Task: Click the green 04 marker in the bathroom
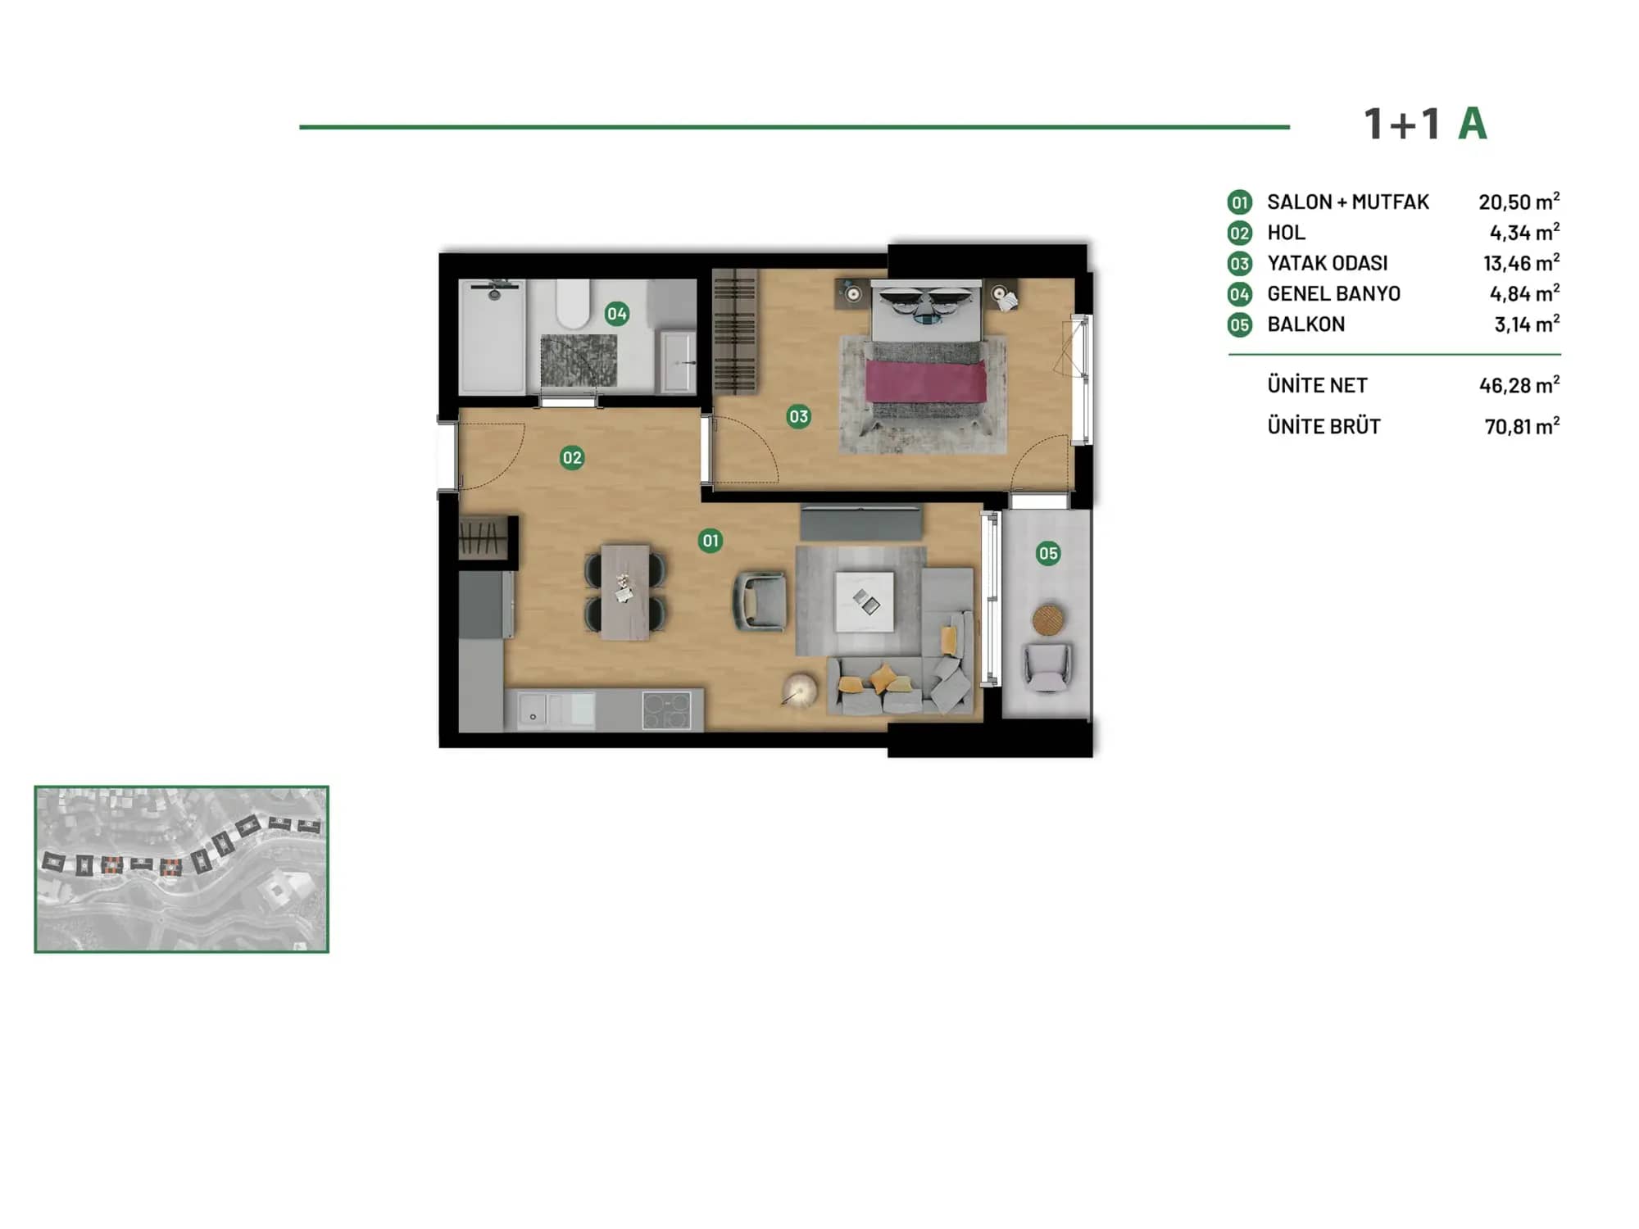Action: click(x=617, y=314)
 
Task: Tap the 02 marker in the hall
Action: click(x=572, y=457)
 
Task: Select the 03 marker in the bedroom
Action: click(x=798, y=416)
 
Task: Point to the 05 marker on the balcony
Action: click(x=1048, y=553)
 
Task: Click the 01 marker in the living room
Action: click(x=711, y=541)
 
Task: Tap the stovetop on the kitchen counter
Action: click(x=667, y=710)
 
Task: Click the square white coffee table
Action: click(x=865, y=602)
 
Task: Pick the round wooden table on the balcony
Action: click(x=1048, y=619)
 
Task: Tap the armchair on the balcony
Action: click(x=1047, y=667)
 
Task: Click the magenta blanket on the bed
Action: click(x=926, y=383)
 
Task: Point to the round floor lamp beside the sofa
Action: click(x=799, y=690)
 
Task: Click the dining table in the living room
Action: click(x=625, y=592)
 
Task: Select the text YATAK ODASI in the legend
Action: click(x=1328, y=263)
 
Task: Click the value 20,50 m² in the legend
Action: click(x=1519, y=202)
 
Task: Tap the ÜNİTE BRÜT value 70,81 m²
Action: click(x=1522, y=426)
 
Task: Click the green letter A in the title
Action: click(x=1473, y=125)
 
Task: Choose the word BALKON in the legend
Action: click(x=1306, y=324)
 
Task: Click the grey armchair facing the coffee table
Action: click(x=760, y=601)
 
